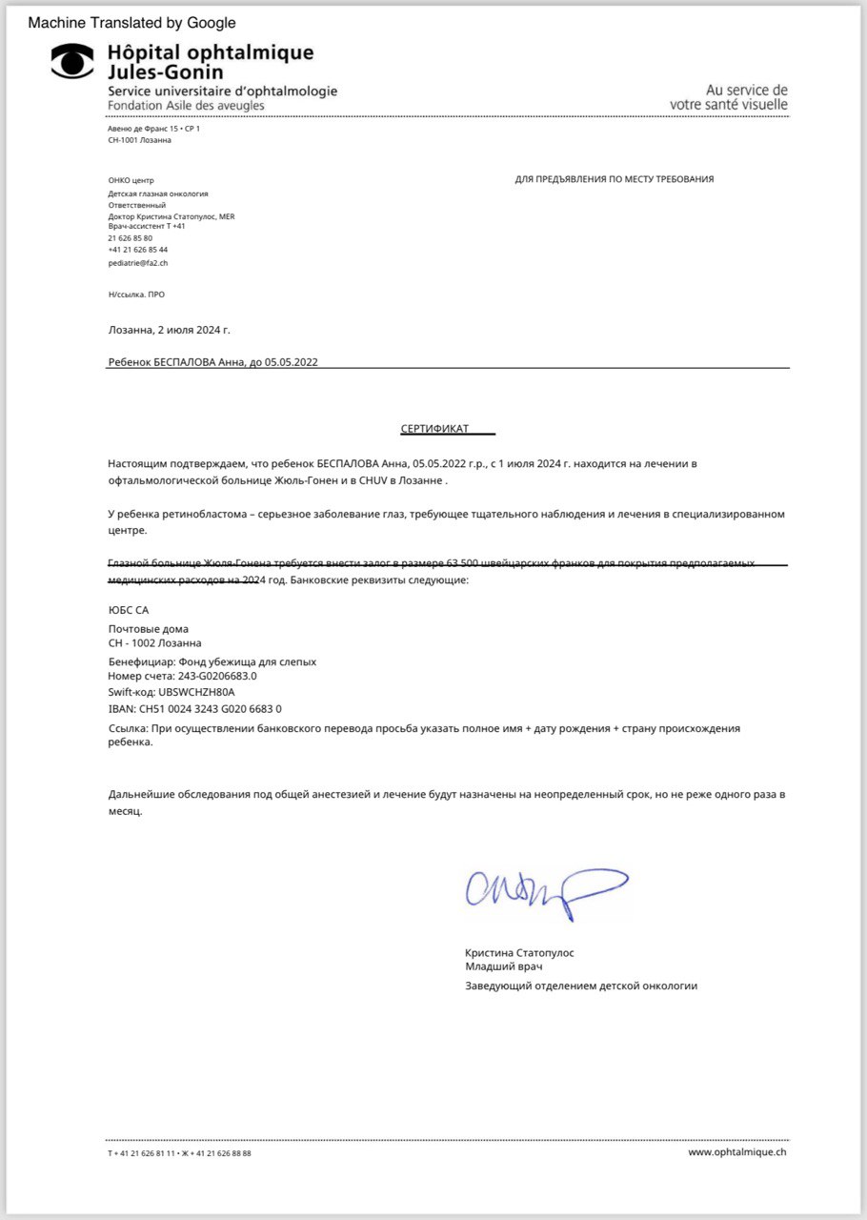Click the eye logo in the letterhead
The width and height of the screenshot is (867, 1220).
71,60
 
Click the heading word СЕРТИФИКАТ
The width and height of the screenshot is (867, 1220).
434,429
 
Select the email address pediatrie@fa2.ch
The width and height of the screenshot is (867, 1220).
139,262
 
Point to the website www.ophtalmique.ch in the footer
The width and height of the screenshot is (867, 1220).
737,1151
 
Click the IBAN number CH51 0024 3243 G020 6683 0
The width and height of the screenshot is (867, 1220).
195,709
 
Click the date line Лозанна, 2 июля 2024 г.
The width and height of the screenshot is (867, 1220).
169,330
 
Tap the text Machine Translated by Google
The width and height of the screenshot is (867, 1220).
132,23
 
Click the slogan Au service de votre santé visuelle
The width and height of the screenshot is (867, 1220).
729,97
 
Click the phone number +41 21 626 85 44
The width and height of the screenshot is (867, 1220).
138,250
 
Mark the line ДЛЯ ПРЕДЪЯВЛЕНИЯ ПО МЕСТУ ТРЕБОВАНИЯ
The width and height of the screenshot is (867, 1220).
615,179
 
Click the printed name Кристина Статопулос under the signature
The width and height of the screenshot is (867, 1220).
519,952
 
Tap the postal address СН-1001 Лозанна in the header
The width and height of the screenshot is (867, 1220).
140,140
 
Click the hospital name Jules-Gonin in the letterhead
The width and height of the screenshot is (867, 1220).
166,72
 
